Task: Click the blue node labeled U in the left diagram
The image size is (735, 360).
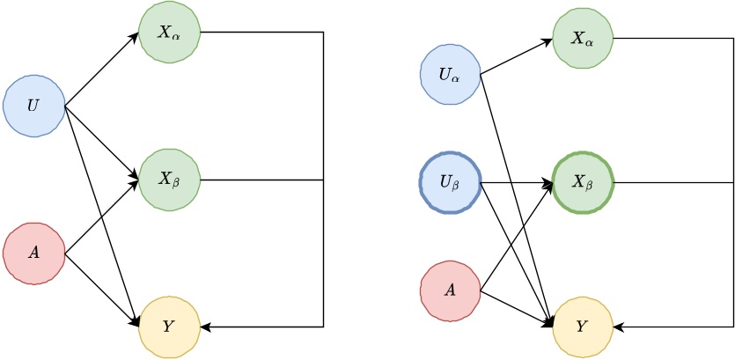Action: pos(33,106)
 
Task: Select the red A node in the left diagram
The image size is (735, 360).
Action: pos(33,253)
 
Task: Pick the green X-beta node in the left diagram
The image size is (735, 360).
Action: pos(170,180)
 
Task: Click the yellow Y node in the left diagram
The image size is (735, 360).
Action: pos(170,327)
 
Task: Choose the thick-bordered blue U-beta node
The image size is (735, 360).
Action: pos(450,183)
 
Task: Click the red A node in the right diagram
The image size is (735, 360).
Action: pos(450,290)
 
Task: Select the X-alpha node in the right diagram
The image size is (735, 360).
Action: pos(583,39)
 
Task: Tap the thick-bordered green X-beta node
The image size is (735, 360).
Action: pos(583,183)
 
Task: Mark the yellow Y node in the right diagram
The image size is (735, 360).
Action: pos(583,327)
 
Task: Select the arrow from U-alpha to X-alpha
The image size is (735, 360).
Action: pos(516,57)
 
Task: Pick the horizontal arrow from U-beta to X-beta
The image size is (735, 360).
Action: pos(516,183)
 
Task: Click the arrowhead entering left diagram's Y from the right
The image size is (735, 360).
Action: pos(207,327)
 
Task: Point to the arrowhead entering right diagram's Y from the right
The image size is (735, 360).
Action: pos(619,327)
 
